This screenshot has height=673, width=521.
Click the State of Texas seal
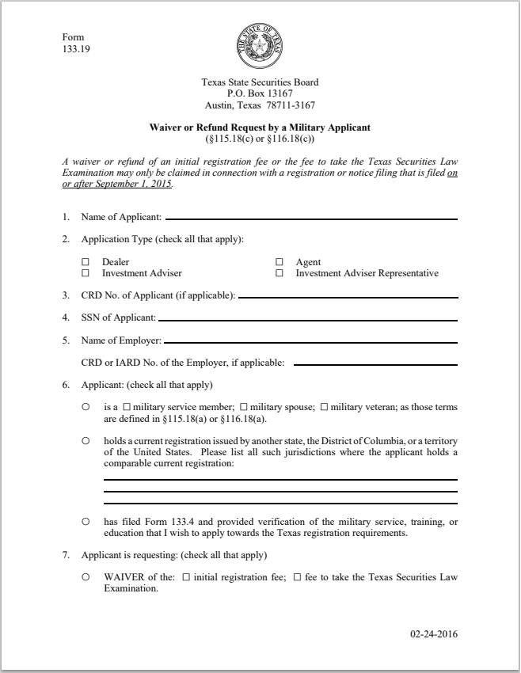pyautogui.click(x=260, y=47)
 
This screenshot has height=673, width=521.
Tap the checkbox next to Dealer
pyautogui.click(x=86, y=262)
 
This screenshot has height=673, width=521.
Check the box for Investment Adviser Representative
pyautogui.click(x=280, y=273)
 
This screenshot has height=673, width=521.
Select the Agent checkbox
pyautogui.click(x=280, y=262)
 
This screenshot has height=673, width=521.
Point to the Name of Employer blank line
pyautogui.click(x=310, y=342)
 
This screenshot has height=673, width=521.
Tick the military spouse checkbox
pyautogui.click(x=244, y=407)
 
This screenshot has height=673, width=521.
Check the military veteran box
pyautogui.click(x=325, y=407)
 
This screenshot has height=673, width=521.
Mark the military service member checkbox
pyautogui.click(x=126, y=407)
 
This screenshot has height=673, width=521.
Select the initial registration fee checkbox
pyautogui.click(x=186, y=577)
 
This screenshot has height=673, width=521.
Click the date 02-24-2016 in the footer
pyautogui.click(x=434, y=634)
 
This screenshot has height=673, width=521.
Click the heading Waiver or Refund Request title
pyautogui.click(x=260, y=127)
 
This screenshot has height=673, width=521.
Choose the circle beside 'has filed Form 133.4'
pyautogui.click(x=85, y=523)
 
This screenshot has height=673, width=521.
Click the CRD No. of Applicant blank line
pyautogui.click(x=348, y=297)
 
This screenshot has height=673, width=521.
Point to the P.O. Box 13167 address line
pyautogui.click(x=260, y=93)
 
